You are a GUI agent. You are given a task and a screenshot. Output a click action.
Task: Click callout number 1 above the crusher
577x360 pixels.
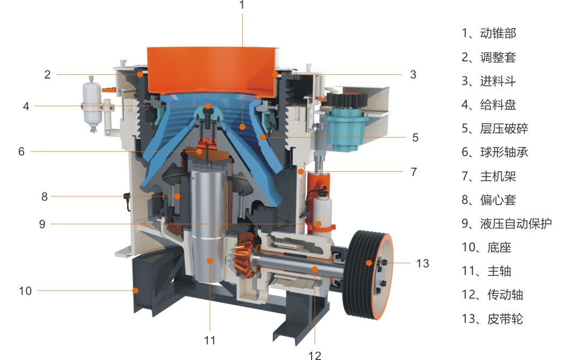[242, 5]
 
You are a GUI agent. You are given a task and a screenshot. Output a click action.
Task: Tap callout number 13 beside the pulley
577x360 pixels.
[423, 263]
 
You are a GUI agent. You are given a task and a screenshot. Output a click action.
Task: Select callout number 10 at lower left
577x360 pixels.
[25, 291]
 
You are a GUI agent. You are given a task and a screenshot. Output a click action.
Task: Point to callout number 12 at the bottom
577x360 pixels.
[315, 355]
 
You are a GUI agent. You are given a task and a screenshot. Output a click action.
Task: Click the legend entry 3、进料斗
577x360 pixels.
[488, 81]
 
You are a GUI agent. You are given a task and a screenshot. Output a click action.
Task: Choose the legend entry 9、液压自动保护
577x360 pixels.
[506, 223]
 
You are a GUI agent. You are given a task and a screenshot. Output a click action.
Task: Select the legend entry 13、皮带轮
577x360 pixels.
[492, 319]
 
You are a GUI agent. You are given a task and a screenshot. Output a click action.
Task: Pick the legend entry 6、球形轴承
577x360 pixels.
[495, 152]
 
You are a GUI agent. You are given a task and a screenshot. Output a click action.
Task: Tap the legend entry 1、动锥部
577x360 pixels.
[489, 33]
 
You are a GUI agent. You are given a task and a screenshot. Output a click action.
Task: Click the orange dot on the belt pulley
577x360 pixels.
[369, 263]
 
